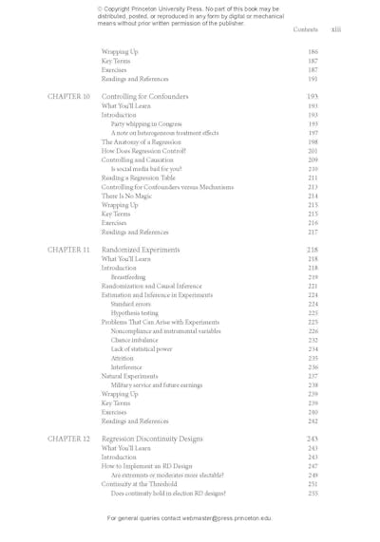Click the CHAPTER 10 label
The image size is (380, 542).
68,96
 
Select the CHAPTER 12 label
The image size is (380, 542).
68,439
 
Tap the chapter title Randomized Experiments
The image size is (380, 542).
141,250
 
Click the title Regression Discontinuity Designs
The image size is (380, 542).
152,439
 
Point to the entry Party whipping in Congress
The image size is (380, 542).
146,123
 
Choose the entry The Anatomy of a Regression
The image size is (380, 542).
141,141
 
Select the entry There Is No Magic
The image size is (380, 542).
130,196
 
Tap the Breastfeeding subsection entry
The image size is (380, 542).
128,277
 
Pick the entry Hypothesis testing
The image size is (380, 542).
135,313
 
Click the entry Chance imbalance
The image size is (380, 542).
135,340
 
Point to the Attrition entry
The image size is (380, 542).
123,358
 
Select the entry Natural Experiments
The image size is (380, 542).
130,376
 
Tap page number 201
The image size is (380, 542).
313,151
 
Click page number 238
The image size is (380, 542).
313,385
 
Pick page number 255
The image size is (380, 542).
313,494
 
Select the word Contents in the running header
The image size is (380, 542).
305,29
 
